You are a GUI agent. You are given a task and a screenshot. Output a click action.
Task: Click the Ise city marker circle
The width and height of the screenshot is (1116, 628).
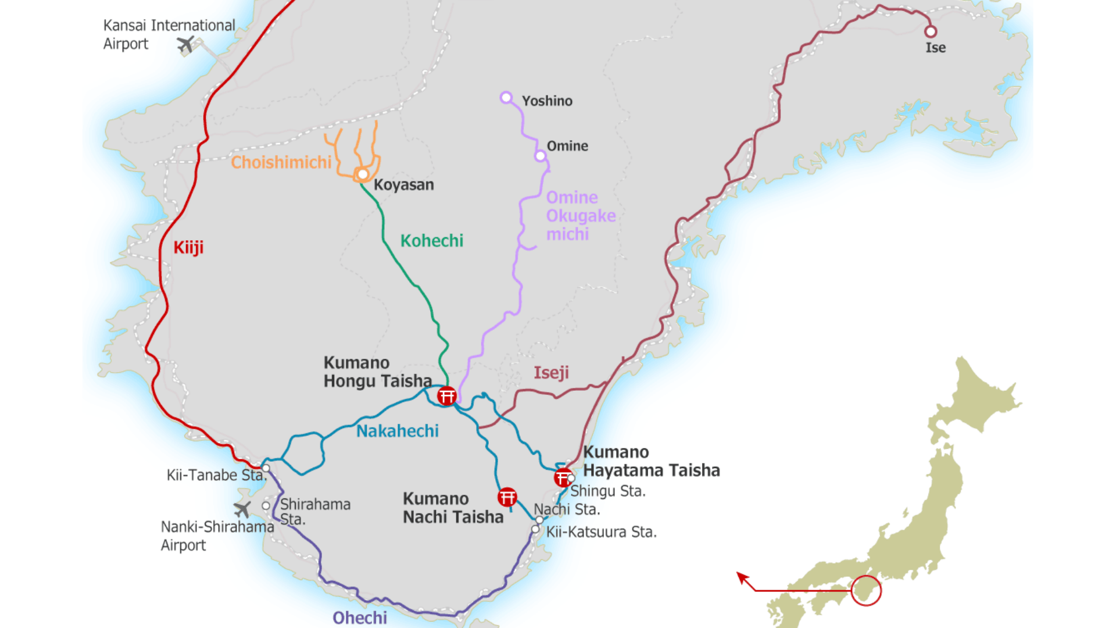click(x=931, y=31)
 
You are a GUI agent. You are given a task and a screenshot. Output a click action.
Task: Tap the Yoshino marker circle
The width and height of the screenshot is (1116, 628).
click(x=506, y=98)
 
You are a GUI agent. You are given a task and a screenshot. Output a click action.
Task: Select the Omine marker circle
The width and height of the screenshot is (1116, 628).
click(x=541, y=156)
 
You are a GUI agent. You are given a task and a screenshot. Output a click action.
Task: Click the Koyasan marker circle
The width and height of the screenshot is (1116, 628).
click(x=363, y=174)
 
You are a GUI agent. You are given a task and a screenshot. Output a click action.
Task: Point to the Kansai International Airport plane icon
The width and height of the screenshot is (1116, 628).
click(x=185, y=44)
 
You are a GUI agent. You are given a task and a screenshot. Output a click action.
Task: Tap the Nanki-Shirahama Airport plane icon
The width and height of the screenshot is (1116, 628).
click(x=242, y=510)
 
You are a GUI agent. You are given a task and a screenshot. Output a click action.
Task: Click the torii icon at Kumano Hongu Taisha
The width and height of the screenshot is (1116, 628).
click(x=447, y=396)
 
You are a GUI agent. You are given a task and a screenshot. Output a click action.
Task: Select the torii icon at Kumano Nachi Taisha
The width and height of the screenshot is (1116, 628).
click(x=507, y=497)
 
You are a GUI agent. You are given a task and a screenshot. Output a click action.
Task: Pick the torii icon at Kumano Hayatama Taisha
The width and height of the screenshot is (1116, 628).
click(x=563, y=478)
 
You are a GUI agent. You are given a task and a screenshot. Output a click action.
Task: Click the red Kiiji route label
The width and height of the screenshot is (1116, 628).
click(x=188, y=248)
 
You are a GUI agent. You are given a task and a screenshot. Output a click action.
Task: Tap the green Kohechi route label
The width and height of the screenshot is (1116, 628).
click(x=432, y=241)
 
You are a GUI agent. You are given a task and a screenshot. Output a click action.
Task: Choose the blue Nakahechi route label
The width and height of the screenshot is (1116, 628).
click(x=398, y=431)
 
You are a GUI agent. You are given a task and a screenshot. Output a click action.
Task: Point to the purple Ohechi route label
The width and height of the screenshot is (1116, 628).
click(x=360, y=618)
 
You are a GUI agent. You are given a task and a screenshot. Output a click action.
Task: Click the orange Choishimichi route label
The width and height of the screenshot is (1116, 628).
click(x=281, y=162)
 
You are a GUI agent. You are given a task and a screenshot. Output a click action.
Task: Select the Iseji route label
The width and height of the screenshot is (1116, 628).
click(x=551, y=373)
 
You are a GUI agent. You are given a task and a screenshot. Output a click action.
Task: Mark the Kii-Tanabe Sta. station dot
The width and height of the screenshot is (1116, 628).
click(x=266, y=468)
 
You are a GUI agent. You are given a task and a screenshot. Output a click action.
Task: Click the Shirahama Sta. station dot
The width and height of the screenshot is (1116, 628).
click(x=266, y=506)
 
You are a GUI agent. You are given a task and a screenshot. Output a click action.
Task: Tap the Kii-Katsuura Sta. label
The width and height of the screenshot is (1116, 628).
click(x=601, y=532)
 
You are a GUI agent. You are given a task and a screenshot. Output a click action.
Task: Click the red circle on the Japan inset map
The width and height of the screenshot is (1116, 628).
click(x=866, y=591)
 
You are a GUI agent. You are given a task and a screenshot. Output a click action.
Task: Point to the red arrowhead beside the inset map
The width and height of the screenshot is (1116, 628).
click(x=742, y=577)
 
